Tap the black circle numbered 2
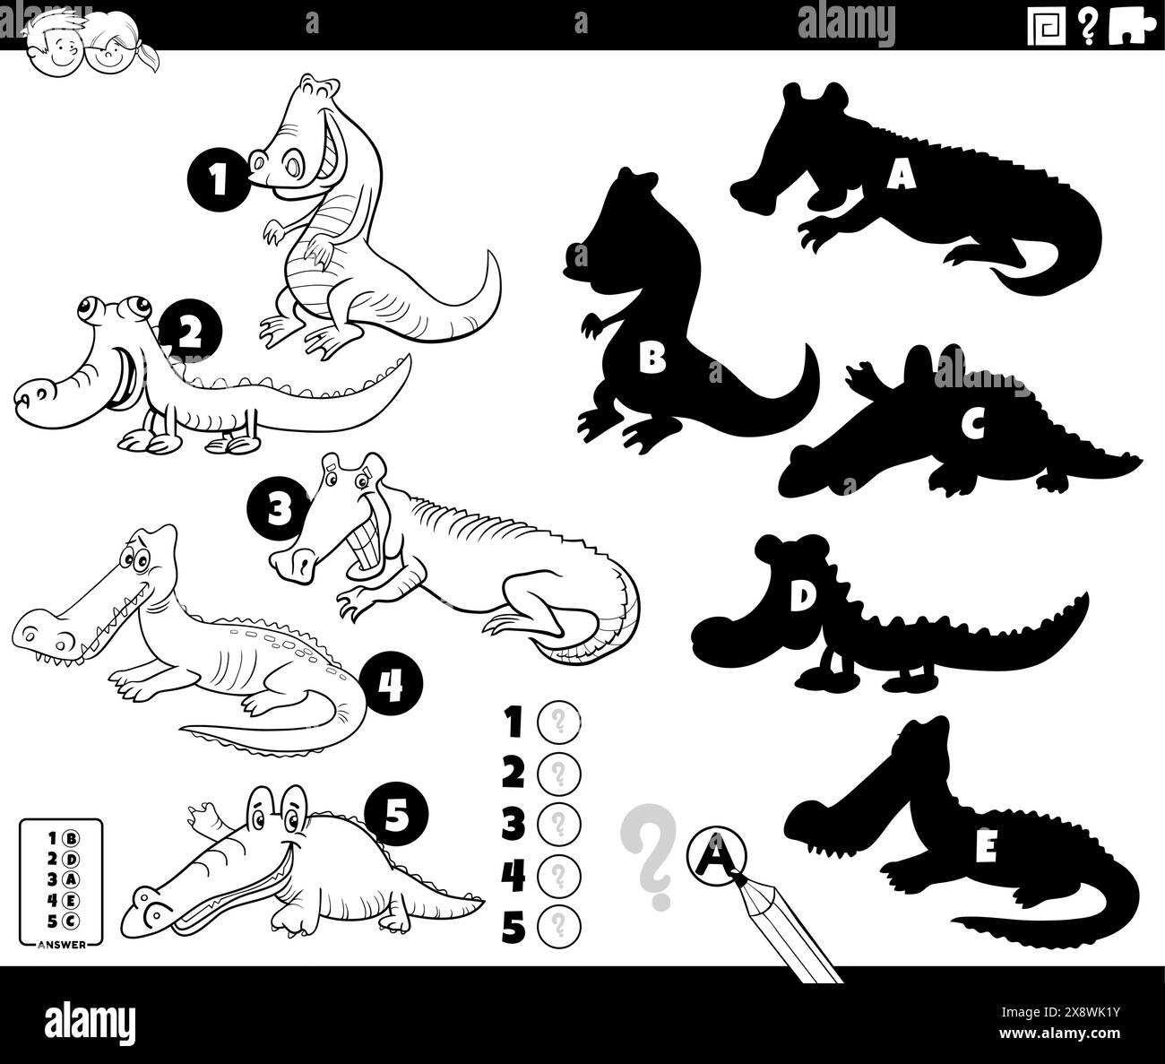click(x=190, y=332)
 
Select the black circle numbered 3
click(x=278, y=509)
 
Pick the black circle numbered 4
click(x=390, y=686)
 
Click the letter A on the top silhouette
click(x=901, y=175)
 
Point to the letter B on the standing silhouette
click(x=652, y=358)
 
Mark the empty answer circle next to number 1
click(x=558, y=722)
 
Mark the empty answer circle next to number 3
click(x=558, y=824)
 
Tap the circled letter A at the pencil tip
click(x=716, y=856)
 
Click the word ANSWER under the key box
click(x=61, y=945)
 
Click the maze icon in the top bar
click(x=1047, y=26)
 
